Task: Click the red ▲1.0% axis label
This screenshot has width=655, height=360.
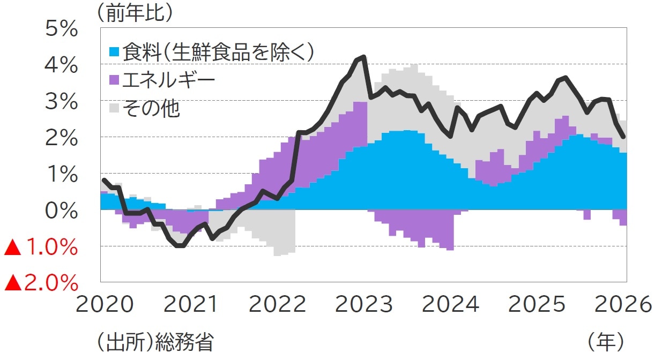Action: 41,247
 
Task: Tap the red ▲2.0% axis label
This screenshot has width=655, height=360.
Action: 41,283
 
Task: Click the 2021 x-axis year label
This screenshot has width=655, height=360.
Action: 191,305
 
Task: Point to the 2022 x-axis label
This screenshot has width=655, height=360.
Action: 277,305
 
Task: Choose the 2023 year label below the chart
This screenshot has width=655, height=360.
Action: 364,305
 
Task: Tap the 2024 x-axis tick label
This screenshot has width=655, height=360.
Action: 450,305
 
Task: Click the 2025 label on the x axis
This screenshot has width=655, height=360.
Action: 537,305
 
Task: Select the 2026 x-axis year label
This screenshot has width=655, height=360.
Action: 622,305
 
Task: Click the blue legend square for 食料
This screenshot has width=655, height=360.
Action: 114,52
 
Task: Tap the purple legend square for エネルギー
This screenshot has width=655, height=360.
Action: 114,81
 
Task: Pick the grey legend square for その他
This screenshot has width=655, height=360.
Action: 114,109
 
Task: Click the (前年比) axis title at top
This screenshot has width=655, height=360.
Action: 135,13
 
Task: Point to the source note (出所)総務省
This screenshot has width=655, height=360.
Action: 154,342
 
